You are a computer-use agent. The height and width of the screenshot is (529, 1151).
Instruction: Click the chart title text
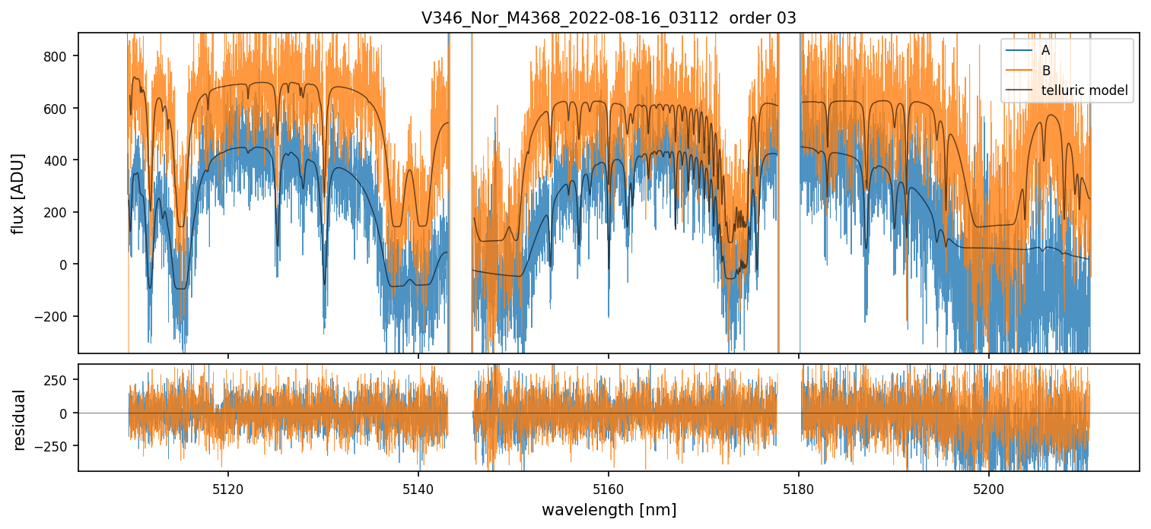click(609, 18)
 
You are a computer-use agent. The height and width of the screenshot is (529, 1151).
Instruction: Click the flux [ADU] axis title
click(18, 193)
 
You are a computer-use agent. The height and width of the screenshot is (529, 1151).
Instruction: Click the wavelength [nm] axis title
click(609, 509)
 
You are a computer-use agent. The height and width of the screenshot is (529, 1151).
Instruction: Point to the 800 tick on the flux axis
click(58, 56)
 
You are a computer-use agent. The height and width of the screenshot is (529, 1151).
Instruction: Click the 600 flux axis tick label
click(58, 108)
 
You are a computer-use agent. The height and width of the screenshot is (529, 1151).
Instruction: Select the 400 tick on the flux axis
click(58, 160)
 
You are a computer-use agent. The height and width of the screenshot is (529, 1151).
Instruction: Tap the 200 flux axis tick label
click(58, 212)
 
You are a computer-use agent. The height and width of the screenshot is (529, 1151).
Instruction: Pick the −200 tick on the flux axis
click(54, 316)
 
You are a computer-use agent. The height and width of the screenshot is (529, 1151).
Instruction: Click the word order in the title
click(748, 18)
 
